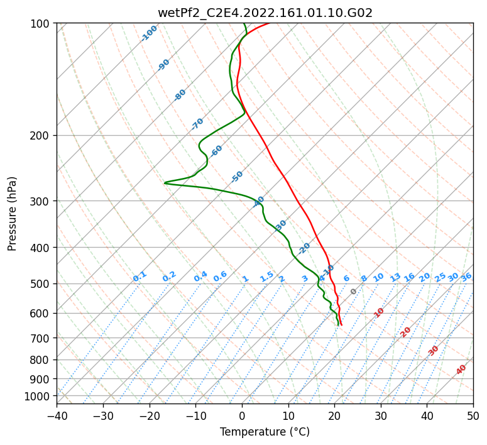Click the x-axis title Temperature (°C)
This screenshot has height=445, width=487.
click(x=265, y=432)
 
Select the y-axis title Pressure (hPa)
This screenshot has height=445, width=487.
click(x=12, y=213)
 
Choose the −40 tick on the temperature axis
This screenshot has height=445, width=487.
click(x=57, y=415)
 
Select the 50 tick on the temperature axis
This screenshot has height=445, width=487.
click(x=473, y=415)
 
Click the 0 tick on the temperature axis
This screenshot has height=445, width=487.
click(x=242, y=415)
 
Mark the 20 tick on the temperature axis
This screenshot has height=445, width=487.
click(x=334, y=415)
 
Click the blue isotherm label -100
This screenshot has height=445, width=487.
click(x=149, y=33)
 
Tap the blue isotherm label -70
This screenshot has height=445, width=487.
click(x=197, y=123)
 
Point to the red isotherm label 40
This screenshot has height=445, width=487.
click(x=461, y=370)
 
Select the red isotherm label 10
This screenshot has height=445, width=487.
click(x=379, y=312)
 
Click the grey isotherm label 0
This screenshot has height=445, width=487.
click(x=354, y=292)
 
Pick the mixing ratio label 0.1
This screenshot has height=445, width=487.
click(x=140, y=276)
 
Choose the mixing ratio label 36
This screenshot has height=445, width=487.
click(x=466, y=277)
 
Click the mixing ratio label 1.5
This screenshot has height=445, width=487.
click(x=266, y=276)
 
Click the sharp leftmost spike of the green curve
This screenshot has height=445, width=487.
click(x=165, y=183)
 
